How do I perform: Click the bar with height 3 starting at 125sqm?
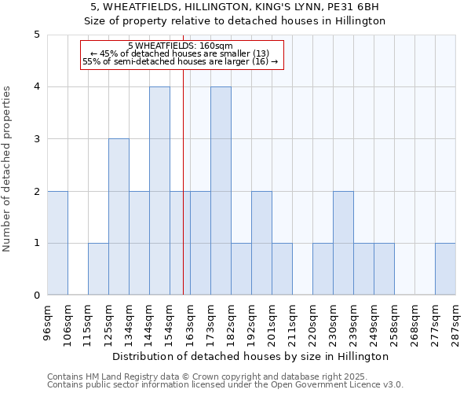tap(119, 217)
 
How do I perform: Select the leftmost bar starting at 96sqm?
tap(57, 243)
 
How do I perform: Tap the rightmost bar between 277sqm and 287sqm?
tap(445, 269)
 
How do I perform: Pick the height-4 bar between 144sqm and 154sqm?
tap(159, 191)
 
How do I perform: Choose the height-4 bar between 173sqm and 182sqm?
tap(221, 191)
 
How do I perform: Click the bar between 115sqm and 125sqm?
tap(98, 269)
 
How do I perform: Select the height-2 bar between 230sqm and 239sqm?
tap(343, 243)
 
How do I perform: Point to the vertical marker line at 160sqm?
tap(183, 157)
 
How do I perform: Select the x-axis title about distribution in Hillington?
tap(251, 356)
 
